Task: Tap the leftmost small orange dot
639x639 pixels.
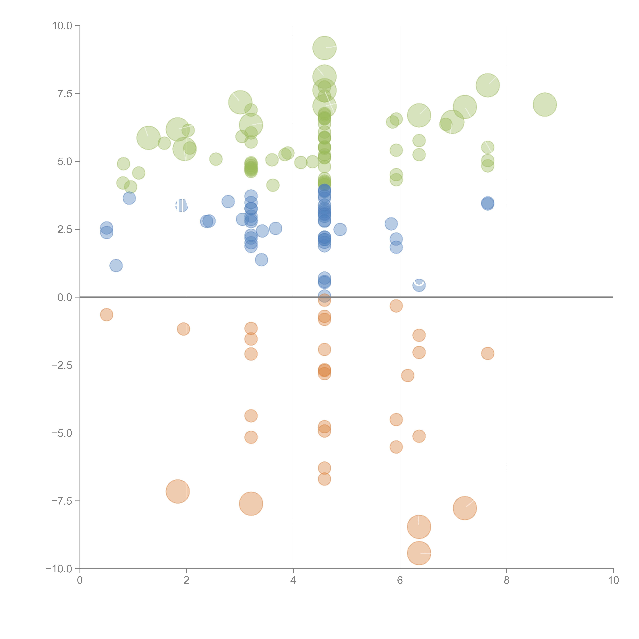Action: [106, 315]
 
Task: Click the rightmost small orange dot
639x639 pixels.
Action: [488, 353]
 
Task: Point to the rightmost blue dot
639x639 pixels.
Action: [488, 203]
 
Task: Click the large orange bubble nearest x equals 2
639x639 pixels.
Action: [178, 491]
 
